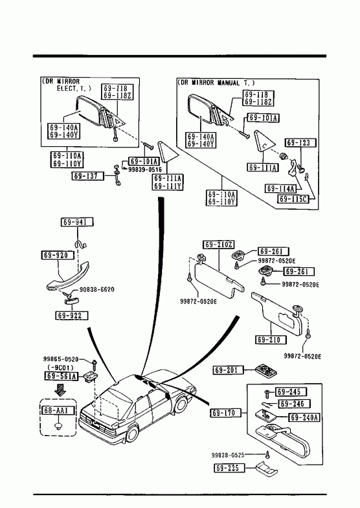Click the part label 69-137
[x=87, y=176]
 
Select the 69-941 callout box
[x=77, y=222]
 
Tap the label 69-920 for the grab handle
[x=57, y=255]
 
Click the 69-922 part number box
[x=72, y=315]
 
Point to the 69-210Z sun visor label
[x=219, y=245]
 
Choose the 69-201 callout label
[x=228, y=370]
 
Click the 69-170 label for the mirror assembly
[x=226, y=413]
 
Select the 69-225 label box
[x=229, y=468]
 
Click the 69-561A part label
[x=62, y=376]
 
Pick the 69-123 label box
[x=300, y=142]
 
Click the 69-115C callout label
[x=293, y=199]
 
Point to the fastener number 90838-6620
[x=97, y=289]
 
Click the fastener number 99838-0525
[x=228, y=455]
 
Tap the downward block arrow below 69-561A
[x=60, y=390]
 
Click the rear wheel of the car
[x=133, y=433]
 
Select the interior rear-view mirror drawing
[x=282, y=439]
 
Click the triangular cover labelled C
[x=264, y=142]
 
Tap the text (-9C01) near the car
[x=61, y=368]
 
